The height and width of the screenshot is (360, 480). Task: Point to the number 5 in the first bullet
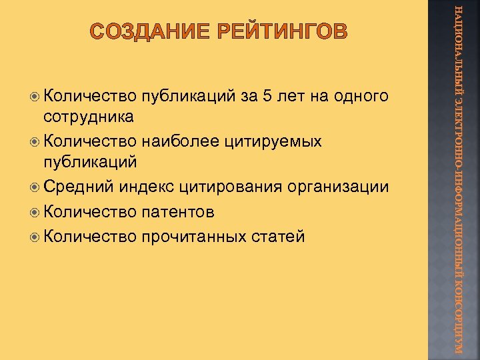267,96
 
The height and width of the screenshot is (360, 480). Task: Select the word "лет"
291,96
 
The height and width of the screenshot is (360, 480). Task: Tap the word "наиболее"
175,141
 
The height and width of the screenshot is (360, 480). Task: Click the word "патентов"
177,212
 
